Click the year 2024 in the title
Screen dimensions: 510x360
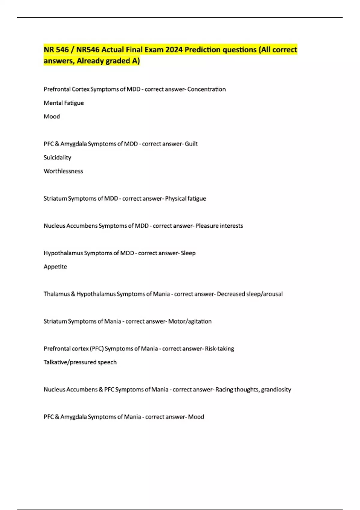pyautogui.click(x=174, y=49)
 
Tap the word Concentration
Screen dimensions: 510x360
pyautogui.click(x=206, y=89)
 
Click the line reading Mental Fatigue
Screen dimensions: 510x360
pyautogui.click(x=64, y=103)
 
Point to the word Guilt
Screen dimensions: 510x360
pyautogui.click(x=191, y=144)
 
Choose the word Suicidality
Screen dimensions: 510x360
pyautogui.click(x=57, y=157)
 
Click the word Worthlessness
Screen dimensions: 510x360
pyautogui.click(x=63, y=171)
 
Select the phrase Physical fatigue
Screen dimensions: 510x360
pyautogui.click(x=185, y=198)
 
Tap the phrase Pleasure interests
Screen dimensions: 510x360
pyautogui.click(x=219, y=226)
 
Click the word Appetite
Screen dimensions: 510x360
pyautogui.click(x=55, y=266)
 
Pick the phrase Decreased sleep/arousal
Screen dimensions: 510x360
pyautogui.click(x=250, y=294)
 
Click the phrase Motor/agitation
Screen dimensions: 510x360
pyautogui.click(x=190, y=321)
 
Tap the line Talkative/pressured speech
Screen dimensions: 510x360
pyautogui.click(x=80, y=362)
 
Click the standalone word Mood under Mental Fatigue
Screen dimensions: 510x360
pyautogui.click(x=52, y=116)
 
